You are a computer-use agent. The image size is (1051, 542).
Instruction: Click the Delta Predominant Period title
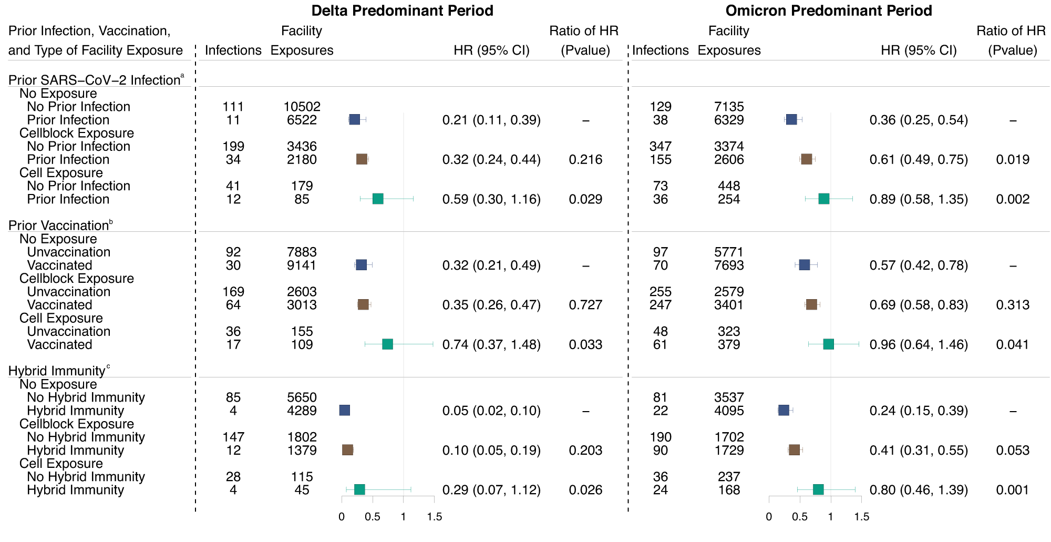coord(402,11)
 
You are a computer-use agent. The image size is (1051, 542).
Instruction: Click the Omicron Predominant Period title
coord(829,11)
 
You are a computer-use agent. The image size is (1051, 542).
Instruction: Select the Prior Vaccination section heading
coord(59,226)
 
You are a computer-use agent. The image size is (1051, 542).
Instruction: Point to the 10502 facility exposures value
coord(302,107)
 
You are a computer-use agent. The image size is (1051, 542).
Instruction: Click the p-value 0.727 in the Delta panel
coord(585,305)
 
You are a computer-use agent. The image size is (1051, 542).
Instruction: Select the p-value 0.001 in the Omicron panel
coord(1012,490)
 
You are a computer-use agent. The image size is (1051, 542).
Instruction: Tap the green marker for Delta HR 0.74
coord(387,344)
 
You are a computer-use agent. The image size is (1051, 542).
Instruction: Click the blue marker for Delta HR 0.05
coord(345,411)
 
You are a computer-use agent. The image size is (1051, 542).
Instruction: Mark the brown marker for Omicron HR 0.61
coord(807,159)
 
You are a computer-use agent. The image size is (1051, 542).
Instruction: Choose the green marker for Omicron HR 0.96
coord(829,344)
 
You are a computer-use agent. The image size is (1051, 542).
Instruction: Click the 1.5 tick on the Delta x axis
coord(434,517)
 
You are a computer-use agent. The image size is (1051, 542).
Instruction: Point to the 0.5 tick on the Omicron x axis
coord(800,517)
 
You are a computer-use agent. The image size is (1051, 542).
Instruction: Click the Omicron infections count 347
coord(660,146)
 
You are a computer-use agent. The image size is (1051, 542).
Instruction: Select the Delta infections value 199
coord(233,146)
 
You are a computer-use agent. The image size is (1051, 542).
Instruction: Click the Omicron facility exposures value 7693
coord(728,265)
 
